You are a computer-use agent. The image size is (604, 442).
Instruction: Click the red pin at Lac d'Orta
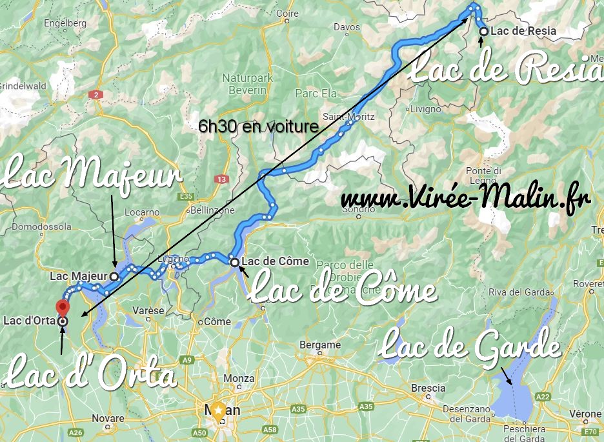pyautogui.click(x=63, y=306)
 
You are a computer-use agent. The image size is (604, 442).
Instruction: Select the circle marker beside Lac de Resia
pyautogui.click(x=483, y=31)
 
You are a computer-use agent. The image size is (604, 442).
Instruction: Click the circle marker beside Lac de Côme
pyautogui.click(x=234, y=262)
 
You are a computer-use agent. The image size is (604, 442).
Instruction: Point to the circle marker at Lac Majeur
pyautogui.click(x=114, y=276)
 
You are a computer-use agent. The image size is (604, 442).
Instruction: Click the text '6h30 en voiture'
pyautogui.click(x=259, y=127)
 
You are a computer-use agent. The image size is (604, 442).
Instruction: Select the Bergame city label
pyautogui.click(x=320, y=345)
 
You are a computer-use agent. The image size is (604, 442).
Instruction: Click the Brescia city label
pyautogui.click(x=428, y=388)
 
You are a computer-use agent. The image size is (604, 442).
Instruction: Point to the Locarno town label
pyautogui.click(x=142, y=212)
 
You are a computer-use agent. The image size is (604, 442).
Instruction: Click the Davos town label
pyautogui.click(x=347, y=27)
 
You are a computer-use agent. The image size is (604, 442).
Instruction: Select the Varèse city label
pyautogui.click(x=152, y=310)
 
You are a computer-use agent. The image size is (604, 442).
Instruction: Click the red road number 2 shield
pyautogui.click(x=96, y=95)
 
